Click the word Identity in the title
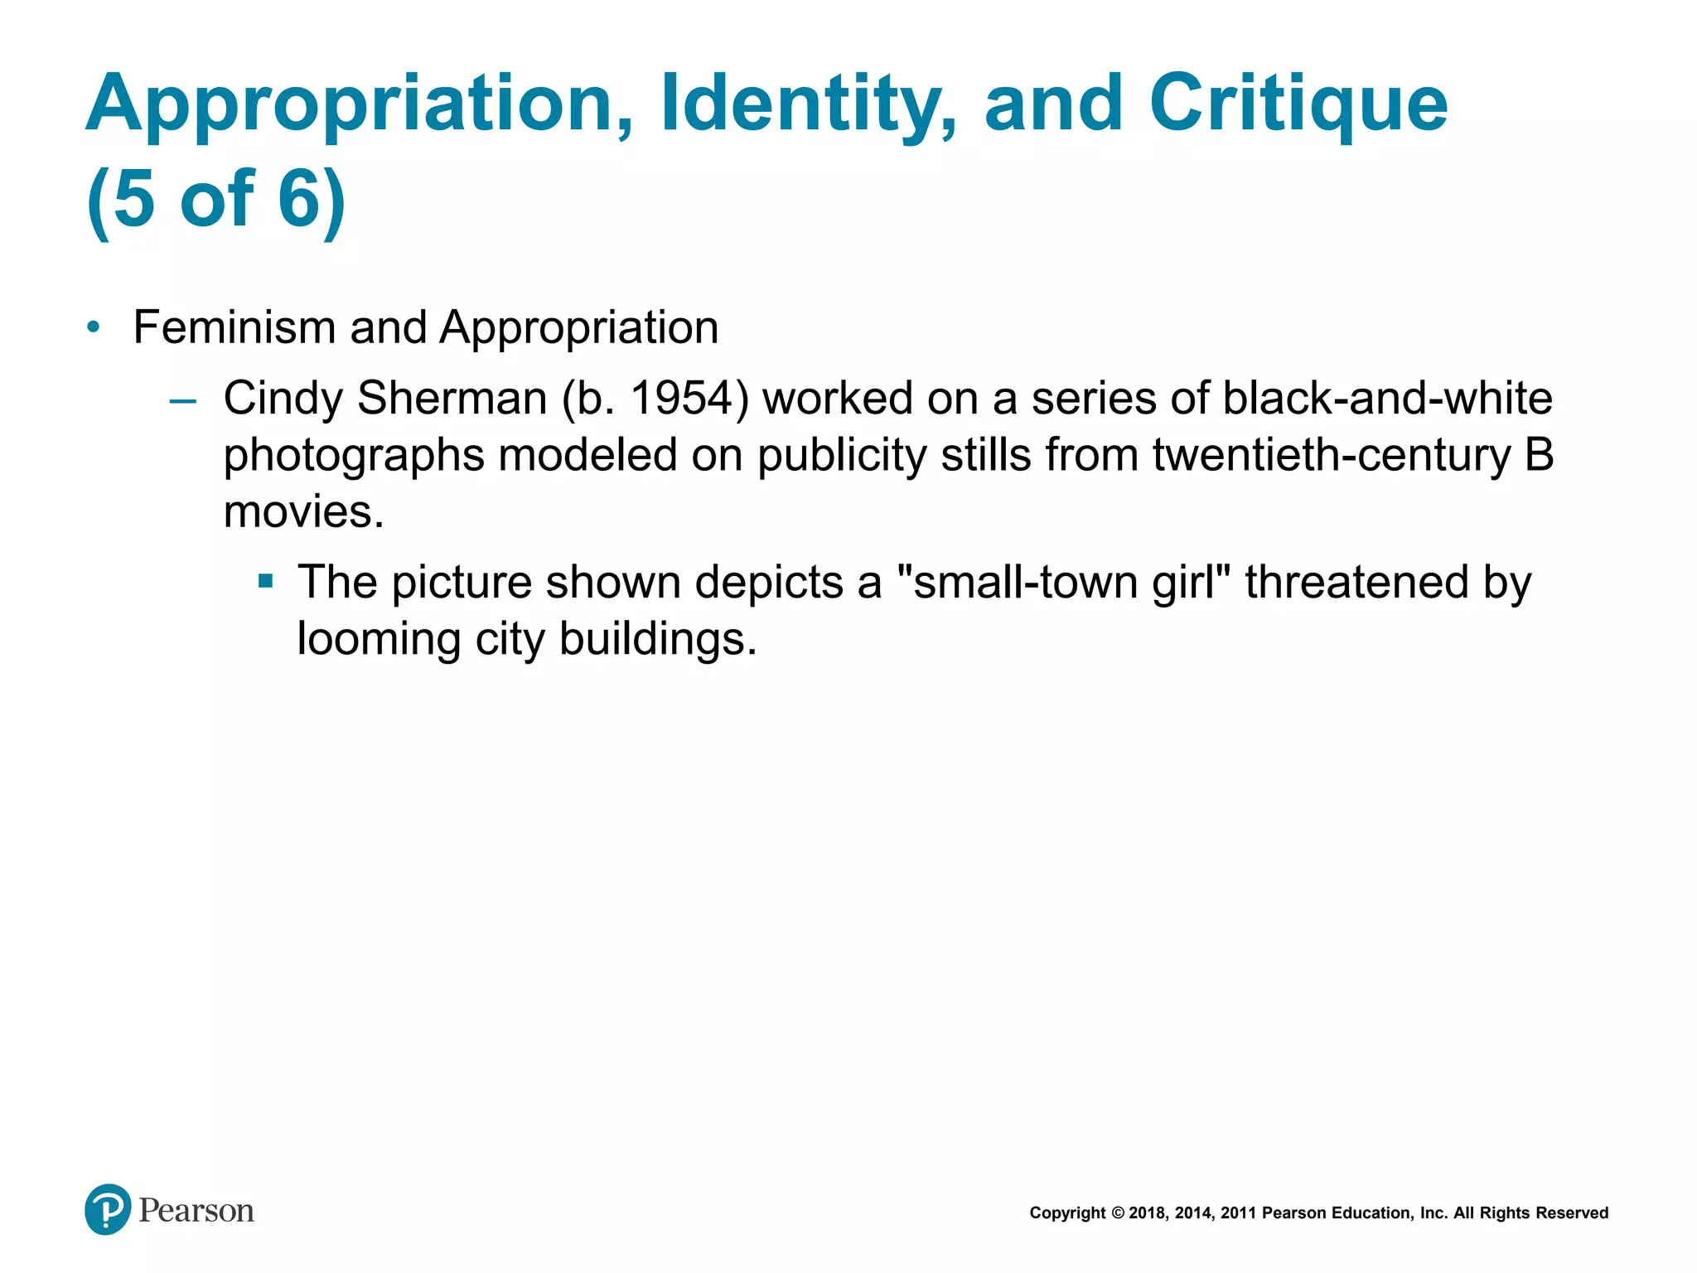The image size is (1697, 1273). [x=808, y=104]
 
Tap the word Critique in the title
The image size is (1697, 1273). [x=1298, y=104]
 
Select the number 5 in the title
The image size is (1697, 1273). [x=134, y=199]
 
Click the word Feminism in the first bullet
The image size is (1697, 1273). [x=234, y=327]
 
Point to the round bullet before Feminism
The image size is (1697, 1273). [x=94, y=328]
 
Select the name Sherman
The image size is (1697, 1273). [x=452, y=399]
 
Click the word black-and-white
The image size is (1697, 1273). [x=1387, y=399]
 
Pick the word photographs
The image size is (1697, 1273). [x=354, y=456]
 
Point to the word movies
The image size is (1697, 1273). [x=303, y=512]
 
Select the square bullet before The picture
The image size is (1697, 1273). [x=265, y=581]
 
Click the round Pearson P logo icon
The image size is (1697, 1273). [x=108, y=1209]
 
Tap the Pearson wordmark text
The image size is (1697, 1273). [x=196, y=1211]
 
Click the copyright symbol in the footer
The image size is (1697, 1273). [x=1118, y=1213]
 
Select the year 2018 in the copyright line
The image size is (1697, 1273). [x=1148, y=1213]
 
